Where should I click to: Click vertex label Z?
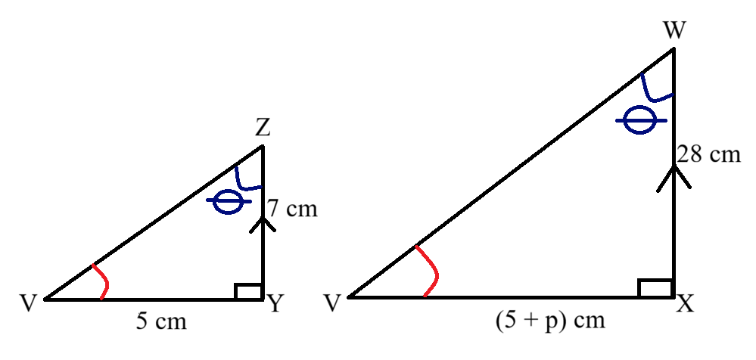point(263,129)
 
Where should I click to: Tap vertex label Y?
point(275,304)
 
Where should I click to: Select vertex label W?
point(674,31)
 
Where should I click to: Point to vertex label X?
point(685,304)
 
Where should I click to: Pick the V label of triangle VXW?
point(331,304)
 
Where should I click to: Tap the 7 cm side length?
point(293,209)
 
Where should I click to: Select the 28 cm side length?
point(709,155)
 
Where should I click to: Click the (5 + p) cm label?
point(550,321)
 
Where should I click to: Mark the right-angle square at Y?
point(248,292)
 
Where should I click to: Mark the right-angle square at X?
point(655,288)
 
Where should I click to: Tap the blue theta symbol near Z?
point(229,201)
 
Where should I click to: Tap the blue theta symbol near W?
point(640,120)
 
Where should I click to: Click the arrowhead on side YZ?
point(263,224)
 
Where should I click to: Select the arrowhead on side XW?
point(674,177)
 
